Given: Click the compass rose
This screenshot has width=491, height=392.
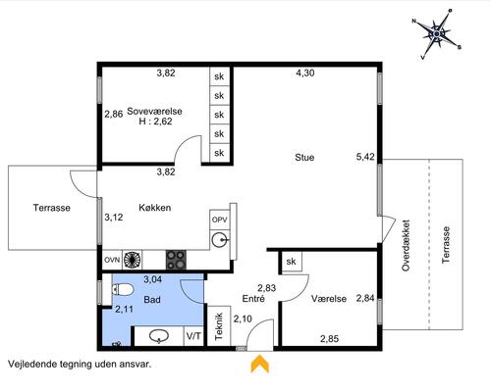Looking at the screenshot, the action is point(437,34).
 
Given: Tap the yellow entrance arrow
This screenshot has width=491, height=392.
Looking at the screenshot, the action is point(260,364).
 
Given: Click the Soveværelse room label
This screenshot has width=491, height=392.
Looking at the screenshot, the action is point(154,111).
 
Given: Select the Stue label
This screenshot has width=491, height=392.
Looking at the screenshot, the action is point(304,157).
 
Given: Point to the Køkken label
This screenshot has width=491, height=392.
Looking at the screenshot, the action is point(155,208).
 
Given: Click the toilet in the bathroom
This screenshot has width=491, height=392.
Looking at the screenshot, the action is point(123,289).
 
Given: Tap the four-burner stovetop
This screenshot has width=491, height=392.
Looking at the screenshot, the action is point(176,260).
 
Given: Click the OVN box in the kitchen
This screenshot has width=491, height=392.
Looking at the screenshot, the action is point(112,260).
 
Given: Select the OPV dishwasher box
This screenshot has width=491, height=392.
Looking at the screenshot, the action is point(220,220).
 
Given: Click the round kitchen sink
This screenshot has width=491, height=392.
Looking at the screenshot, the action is point(220,240).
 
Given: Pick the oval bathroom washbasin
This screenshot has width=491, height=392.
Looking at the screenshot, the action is point(159,336).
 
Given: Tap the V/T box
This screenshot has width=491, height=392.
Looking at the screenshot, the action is point(193,336).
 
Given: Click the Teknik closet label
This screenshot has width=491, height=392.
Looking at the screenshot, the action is point(219,326).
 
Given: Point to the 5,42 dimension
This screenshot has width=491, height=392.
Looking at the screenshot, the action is point(365,157).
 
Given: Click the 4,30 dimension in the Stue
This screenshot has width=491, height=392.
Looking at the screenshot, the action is point(305,73).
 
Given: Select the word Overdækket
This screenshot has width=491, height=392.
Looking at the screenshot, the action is point(406,245).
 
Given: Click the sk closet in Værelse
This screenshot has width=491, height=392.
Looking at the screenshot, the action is point(292,261).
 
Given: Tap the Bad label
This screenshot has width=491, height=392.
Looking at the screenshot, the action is point(152,299).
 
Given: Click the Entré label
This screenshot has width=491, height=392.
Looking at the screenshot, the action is point(253,298).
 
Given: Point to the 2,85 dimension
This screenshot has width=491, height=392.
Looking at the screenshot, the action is point(329,339).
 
